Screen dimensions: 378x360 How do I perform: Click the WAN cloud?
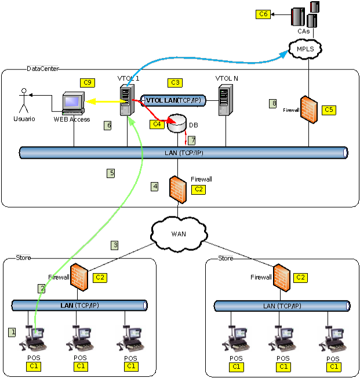(180, 233)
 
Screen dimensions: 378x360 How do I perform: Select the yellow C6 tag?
(263, 13)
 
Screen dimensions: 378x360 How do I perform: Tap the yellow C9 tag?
(88, 82)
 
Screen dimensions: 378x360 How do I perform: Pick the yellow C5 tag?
(329, 110)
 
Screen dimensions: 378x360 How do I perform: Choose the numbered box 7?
(192, 140)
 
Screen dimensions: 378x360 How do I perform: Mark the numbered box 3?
(115, 245)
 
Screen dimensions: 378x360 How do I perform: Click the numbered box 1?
(12, 332)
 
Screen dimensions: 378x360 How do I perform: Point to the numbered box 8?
(273, 104)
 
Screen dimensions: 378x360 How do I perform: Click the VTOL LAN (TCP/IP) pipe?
(173, 100)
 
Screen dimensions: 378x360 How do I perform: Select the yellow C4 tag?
(155, 124)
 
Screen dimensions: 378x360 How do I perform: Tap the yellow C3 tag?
(174, 82)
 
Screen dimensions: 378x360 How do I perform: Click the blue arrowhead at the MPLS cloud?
(285, 54)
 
